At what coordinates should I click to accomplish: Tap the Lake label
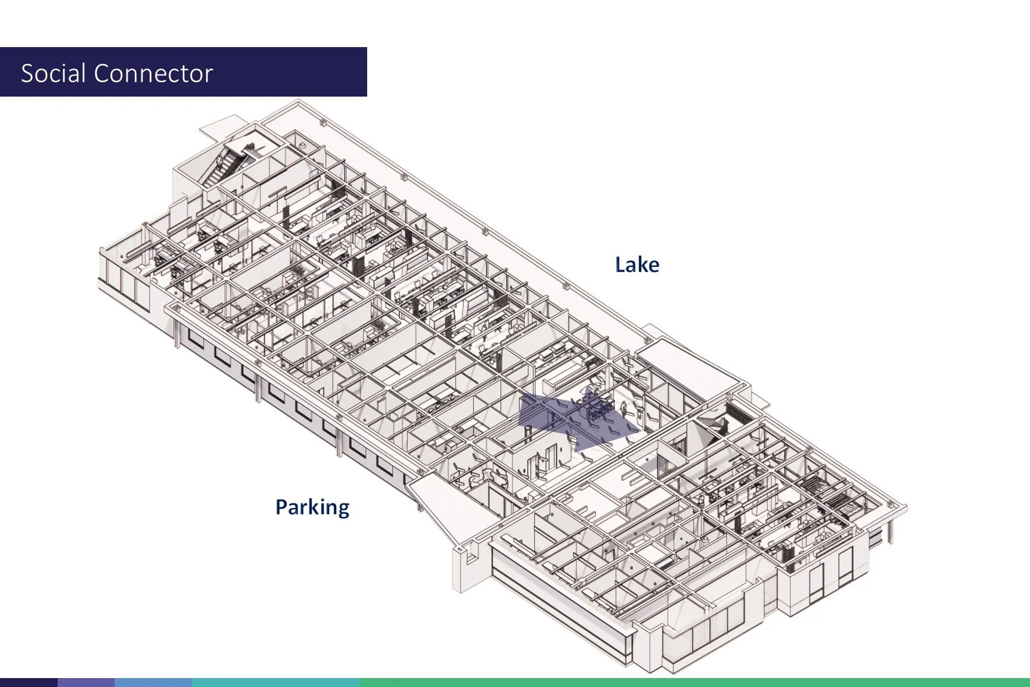click(637, 265)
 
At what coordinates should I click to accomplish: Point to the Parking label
click(312, 507)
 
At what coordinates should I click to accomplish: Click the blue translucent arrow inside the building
click(572, 419)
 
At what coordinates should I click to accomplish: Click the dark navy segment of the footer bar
click(29, 682)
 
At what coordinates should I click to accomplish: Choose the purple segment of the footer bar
click(86, 682)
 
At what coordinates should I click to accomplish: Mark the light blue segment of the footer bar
click(153, 682)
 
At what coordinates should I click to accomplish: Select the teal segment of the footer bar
click(275, 682)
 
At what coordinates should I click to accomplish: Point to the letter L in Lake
click(620, 265)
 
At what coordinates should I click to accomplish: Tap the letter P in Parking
click(281, 507)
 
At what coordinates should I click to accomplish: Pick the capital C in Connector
click(102, 73)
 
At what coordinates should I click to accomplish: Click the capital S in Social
click(27, 73)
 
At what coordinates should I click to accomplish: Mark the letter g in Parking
click(342, 509)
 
